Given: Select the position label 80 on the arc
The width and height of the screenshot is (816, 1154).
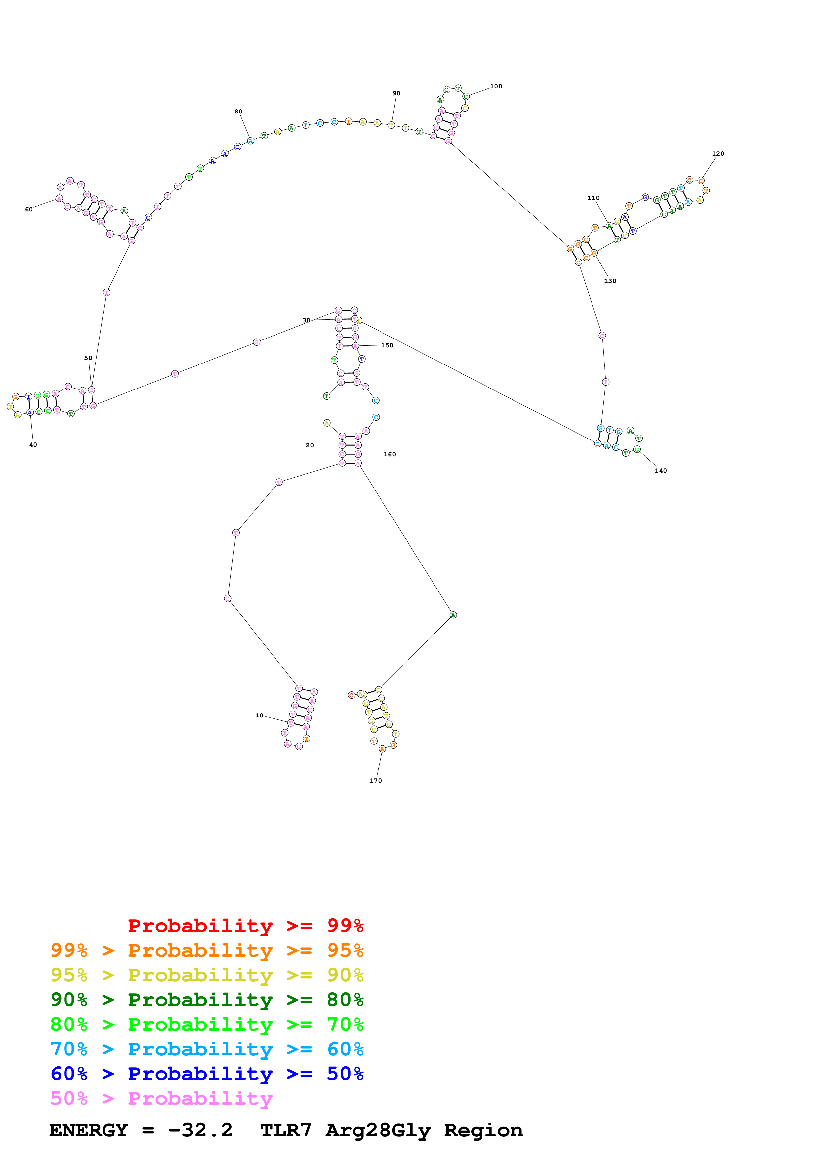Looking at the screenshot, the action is pyautogui.click(x=238, y=112).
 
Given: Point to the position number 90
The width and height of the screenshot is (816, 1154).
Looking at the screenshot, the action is pyautogui.click(x=396, y=93).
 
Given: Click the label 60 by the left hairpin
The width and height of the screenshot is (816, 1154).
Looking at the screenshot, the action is pyautogui.click(x=29, y=209).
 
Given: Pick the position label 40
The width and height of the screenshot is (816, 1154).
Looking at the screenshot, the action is pyautogui.click(x=33, y=445).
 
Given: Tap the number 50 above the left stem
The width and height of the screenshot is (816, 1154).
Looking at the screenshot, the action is pyautogui.click(x=88, y=358).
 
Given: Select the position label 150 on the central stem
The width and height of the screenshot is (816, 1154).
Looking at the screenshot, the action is pyautogui.click(x=387, y=345).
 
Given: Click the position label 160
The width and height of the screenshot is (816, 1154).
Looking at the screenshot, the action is pyautogui.click(x=390, y=454).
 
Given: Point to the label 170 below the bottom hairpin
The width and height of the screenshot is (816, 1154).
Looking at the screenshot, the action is pyautogui.click(x=376, y=781).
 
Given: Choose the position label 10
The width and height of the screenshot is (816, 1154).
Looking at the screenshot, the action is pyautogui.click(x=259, y=715).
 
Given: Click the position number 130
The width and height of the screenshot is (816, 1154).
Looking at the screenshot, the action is pyautogui.click(x=610, y=281).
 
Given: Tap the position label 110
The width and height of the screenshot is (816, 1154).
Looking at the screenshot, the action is pyautogui.click(x=593, y=198).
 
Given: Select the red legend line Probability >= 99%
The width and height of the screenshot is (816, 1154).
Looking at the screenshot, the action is pyautogui.click(x=245, y=925).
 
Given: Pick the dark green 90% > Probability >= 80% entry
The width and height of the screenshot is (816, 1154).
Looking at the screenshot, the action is pyautogui.click(x=207, y=1000).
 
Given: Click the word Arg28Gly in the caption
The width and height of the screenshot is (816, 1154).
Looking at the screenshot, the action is pyautogui.click(x=378, y=1130).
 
